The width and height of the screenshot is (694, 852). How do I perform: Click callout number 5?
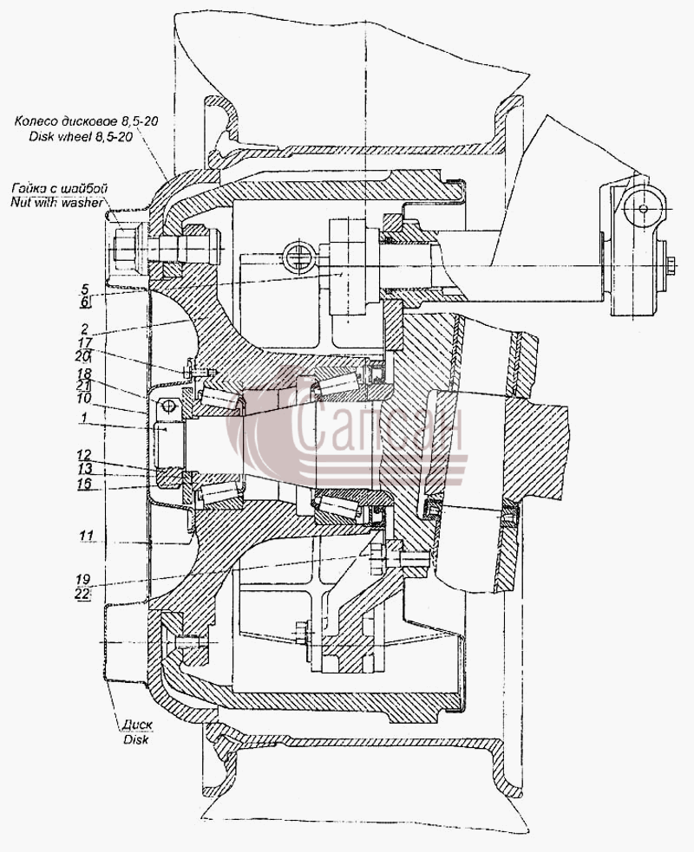click(85, 289)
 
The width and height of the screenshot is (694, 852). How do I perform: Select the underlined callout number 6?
click(85, 302)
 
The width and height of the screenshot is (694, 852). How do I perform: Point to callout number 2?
click(85, 328)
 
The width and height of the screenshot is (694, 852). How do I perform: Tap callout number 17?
click(84, 343)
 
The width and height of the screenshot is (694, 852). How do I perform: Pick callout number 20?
click(83, 357)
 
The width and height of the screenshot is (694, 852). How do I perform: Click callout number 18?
click(84, 374)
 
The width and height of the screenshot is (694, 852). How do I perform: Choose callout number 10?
click(84, 399)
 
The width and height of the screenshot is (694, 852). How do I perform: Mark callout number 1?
click(83, 418)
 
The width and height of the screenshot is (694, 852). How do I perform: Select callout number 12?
click(84, 455)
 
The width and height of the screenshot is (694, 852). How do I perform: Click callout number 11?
click(86, 537)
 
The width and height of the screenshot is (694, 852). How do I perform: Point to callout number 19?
click(83, 580)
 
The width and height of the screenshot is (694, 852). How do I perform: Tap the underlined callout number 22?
click(82, 594)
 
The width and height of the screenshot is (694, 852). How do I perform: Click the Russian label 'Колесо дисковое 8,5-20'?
click(87, 121)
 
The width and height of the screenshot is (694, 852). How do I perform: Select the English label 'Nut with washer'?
click(56, 203)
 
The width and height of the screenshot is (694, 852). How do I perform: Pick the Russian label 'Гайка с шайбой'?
click(59, 189)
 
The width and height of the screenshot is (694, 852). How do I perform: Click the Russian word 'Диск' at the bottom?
click(137, 725)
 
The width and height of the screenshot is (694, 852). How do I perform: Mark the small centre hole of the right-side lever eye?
click(644, 209)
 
